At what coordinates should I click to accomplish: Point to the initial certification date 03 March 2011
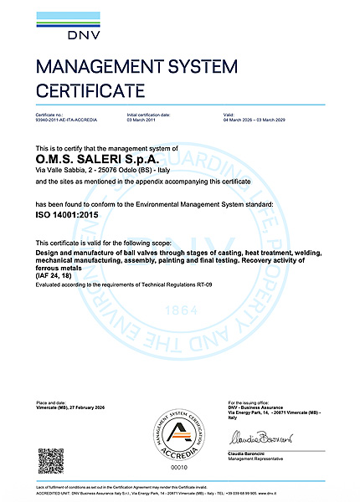pyautogui.click(x=142, y=120)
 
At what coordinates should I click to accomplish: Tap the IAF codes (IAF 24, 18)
pyautogui.click(x=59, y=277)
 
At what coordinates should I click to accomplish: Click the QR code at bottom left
pyautogui.click(x=51, y=461)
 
